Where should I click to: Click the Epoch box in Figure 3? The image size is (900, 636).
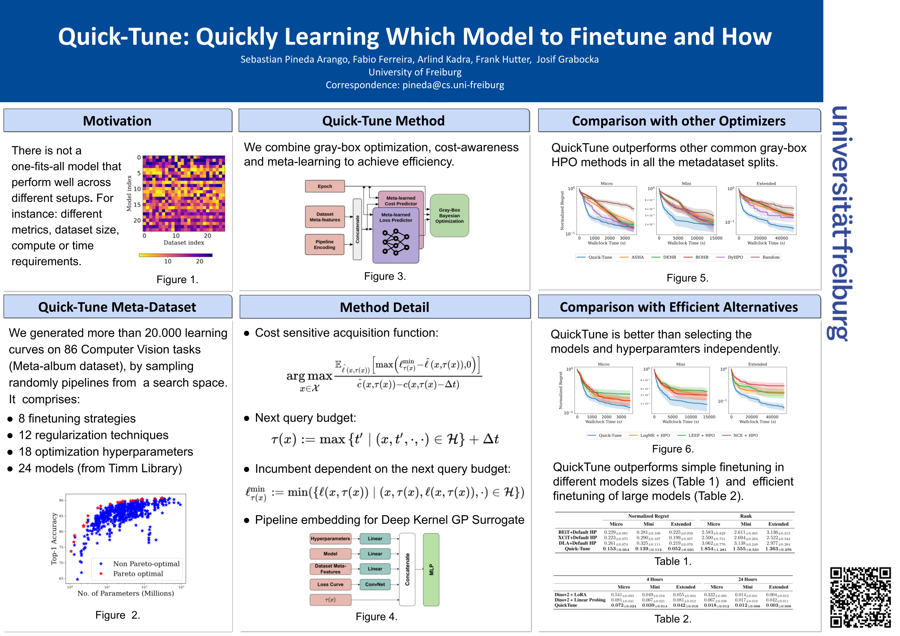(325, 186)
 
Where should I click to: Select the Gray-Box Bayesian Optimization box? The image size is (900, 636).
(449, 216)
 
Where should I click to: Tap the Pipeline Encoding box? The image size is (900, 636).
(325, 245)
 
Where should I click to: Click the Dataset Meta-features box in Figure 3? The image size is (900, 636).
(325, 217)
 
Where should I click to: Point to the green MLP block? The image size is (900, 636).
(431, 569)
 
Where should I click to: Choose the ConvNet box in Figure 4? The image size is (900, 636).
(375, 584)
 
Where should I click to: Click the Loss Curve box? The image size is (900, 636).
(330, 584)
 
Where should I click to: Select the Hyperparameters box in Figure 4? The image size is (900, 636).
(330, 539)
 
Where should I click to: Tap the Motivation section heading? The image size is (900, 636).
(117, 121)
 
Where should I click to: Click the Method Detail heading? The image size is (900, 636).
(384, 308)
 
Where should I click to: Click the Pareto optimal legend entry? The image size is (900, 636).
(138, 574)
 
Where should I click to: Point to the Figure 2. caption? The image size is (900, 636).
(118, 615)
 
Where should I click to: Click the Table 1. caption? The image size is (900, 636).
(672, 562)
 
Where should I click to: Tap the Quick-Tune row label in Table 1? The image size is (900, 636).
(577, 549)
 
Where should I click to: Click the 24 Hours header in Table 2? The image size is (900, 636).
(747, 579)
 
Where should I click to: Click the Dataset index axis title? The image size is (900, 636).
(184, 243)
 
